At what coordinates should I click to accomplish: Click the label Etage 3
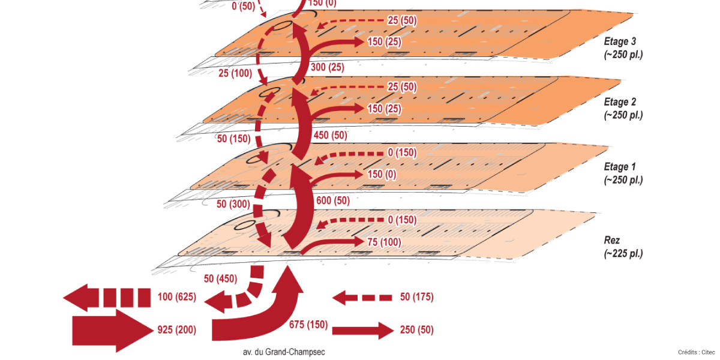(620, 42)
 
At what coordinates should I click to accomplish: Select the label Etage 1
(620, 167)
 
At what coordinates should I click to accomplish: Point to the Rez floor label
(611, 241)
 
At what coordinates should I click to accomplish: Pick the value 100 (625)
(176, 297)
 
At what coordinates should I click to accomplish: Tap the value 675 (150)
(308, 325)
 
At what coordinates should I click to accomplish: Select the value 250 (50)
(416, 330)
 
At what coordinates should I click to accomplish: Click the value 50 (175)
(416, 297)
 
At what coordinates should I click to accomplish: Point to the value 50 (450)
(220, 278)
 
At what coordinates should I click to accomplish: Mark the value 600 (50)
(332, 200)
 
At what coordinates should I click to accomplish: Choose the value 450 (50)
(330, 135)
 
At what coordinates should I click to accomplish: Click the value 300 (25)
(328, 67)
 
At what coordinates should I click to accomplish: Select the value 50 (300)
(233, 204)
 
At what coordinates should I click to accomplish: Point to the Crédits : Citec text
(697, 352)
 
